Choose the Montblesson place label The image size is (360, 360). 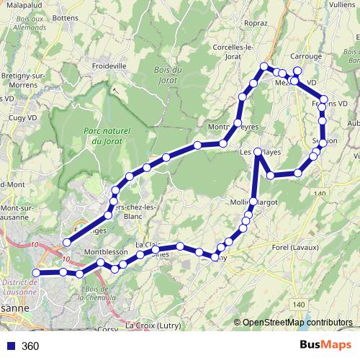[105, 253]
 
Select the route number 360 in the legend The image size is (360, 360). [30, 346]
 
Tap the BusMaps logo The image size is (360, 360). [324, 345]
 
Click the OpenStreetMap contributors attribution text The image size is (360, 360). [297, 323]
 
